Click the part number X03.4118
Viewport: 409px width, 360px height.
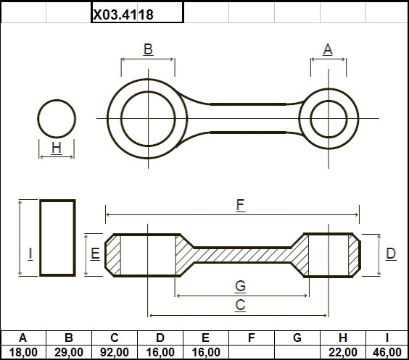123,14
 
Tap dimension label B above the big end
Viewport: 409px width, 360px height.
148,49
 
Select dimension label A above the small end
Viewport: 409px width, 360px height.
328,49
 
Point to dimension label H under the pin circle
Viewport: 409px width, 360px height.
57,148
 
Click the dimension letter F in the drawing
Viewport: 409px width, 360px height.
240,205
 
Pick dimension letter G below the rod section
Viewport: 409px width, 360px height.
240,286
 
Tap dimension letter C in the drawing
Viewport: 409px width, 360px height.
240,305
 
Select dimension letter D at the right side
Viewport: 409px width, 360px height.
391,254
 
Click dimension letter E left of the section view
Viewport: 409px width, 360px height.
95,254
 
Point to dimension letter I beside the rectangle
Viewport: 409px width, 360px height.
30,254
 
